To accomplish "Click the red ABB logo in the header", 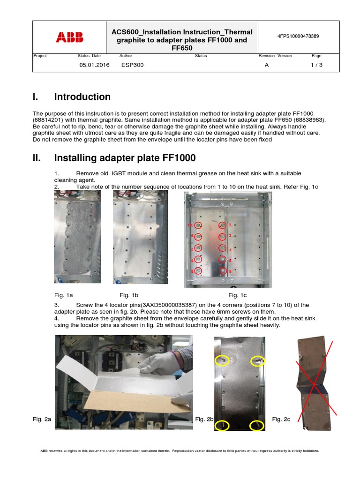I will click(x=69, y=37).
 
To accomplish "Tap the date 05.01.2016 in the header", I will click(x=94, y=65).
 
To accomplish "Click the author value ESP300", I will click(x=132, y=65).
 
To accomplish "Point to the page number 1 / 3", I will click(x=316, y=65).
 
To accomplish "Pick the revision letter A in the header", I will click(x=267, y=65).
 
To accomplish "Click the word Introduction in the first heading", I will click(x=82, y=97).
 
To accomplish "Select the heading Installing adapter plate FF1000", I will click(x=125, y=158).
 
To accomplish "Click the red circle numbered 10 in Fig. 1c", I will click(x=198, y=225).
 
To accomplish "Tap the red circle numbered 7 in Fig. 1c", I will click(x=223, y=225).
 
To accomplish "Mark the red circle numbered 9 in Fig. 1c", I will click(x=223, y=270).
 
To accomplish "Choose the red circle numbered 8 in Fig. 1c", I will click(x=198, y=270).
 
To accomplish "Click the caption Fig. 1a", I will click(x=64, y=295).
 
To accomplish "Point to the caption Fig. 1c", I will click(x=237, y=295).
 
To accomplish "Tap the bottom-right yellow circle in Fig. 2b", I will click(x=256, y=425).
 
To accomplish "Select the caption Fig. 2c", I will click(x=281, y=419).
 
